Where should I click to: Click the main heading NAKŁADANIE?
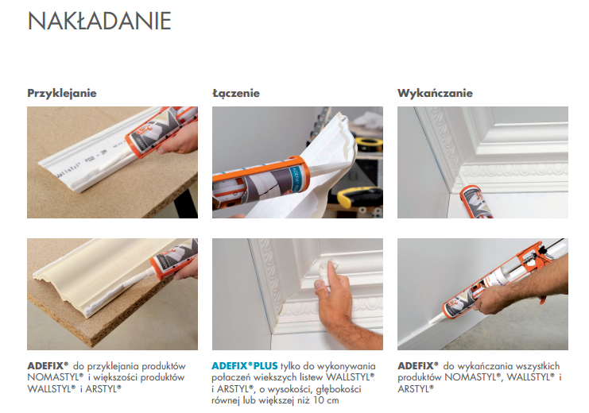tap(99, 21)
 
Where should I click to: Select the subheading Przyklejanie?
tap(62, 93)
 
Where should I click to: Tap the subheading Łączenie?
tap(236, 93)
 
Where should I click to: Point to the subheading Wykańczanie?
tap(435, 93)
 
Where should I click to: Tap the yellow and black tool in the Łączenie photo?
tap(355, 195)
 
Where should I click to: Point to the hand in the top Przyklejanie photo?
tap(181, 140)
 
